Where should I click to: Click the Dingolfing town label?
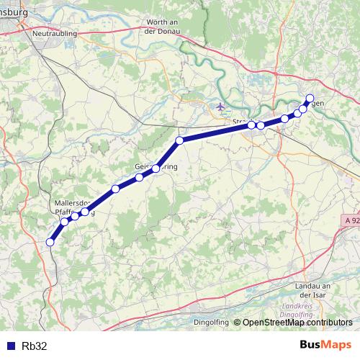coord(210,322)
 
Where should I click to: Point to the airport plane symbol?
coord(221,107)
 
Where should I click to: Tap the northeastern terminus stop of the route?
coord(310,98)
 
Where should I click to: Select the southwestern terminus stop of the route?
coord(50,243)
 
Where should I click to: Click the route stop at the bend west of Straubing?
coord(179,140)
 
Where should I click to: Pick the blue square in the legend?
coord(10,346)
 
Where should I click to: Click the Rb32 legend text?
coord(35,346)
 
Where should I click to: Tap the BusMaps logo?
coord(325,345)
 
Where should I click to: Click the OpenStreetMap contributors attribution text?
coord(297,323)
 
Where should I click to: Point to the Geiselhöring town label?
coord(156,166)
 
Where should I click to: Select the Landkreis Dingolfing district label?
coord(297,312)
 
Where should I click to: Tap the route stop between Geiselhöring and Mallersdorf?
coord(115,189)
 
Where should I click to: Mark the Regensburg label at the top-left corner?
coord(14,12)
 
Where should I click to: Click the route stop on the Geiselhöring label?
coord(156,168)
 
